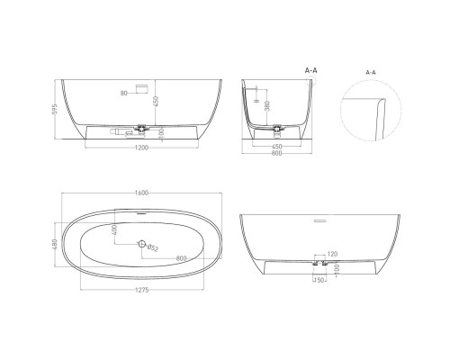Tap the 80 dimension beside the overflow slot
pyautogui.click(x=122, y=93)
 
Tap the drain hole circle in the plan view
pyautogui.click(x=140, y=244)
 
